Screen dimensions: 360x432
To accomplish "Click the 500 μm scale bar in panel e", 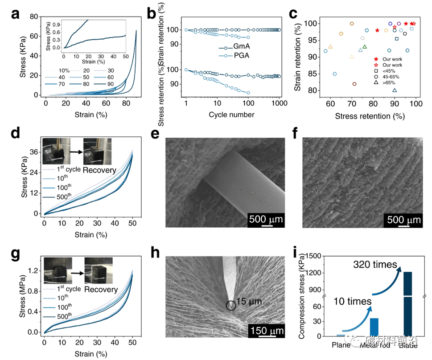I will tap(267, 219).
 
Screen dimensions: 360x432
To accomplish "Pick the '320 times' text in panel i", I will tap(374, 265).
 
